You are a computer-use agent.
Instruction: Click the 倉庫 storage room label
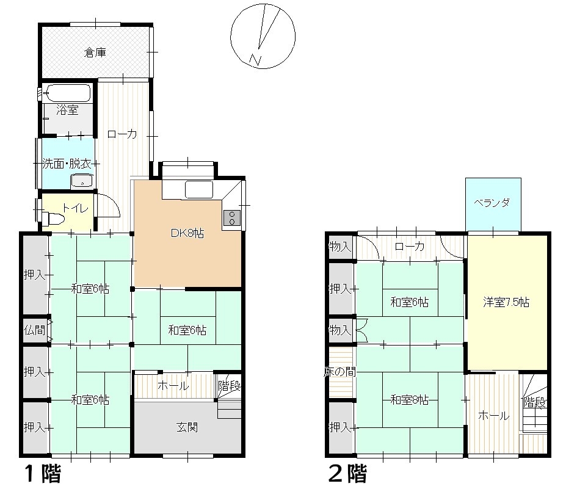pyautogui.click(x=95, y=53)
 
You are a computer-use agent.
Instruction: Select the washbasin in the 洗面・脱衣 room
pyautogui.click(x=81, y=181)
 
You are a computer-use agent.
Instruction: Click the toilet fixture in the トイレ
pyautogui.click(x=54, y=219)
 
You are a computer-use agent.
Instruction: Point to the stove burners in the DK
pyautogui.click(x=233, y=217)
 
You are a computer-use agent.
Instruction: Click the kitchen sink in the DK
pyautogui.click(x=198, y=190)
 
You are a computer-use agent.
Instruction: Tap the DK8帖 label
pyautogui.click(x=187, y=233)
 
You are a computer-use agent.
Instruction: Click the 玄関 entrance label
pyautogui.click(x=188, y=427)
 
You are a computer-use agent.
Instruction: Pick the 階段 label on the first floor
pyautogui.click(x=230, y=386)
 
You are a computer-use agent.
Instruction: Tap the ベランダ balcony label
pyautogui.click(x=493, y=203)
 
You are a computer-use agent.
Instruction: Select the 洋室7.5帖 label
pyautogui.click(x=506, y=302)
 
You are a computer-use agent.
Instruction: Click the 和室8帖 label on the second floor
pyautogui.click(x=409, y=400)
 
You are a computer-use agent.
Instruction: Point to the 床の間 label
pyautogui.click(x=339, y=372)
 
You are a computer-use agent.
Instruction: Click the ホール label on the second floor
pyautogui.click(x=493, y=416)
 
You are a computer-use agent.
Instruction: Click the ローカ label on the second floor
pyautogui.click(x=409, y=247)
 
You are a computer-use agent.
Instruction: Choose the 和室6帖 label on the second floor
pyautogui.click(x=409, y=302)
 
